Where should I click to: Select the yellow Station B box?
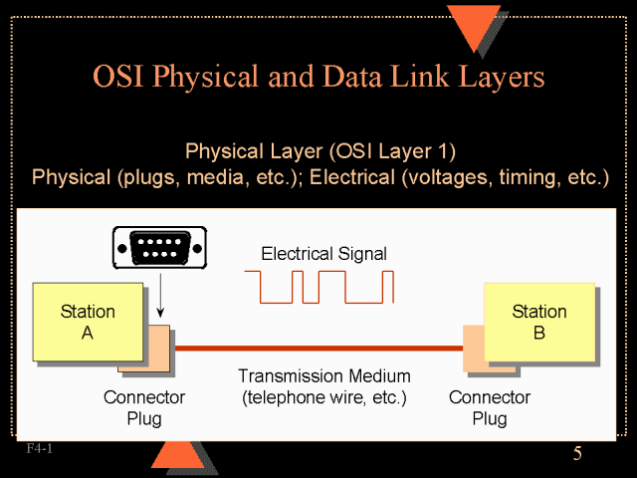(538, 322)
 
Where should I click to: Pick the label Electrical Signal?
(323, 254)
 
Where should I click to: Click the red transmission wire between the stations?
(318, 349)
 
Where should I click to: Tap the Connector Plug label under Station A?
(143, 407)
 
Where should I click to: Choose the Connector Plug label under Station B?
(489, 407)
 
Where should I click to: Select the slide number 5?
(577, 455)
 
